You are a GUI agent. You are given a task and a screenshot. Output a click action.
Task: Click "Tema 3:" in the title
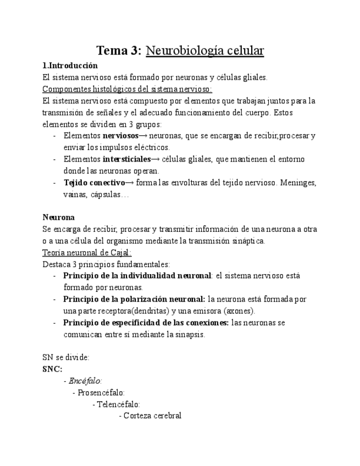pyautogui.click(x=119, y=51)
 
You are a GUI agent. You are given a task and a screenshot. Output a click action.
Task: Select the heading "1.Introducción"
pyautogui.click(x=70, y=65)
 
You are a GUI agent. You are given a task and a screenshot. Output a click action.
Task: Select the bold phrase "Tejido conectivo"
pyautogui.click(x=94, y=183)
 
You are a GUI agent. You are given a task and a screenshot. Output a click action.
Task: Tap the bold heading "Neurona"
pyautogui.click(x=58, y=217)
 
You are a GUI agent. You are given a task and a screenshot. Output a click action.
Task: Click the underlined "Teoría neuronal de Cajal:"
pyautogui.click(x=87, y=252)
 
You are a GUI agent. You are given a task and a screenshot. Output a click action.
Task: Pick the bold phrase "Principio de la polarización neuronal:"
pyautogui.click(x=135, y=299)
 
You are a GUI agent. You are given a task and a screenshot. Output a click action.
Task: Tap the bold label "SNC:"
pyautogui.click(x=52, y=369)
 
